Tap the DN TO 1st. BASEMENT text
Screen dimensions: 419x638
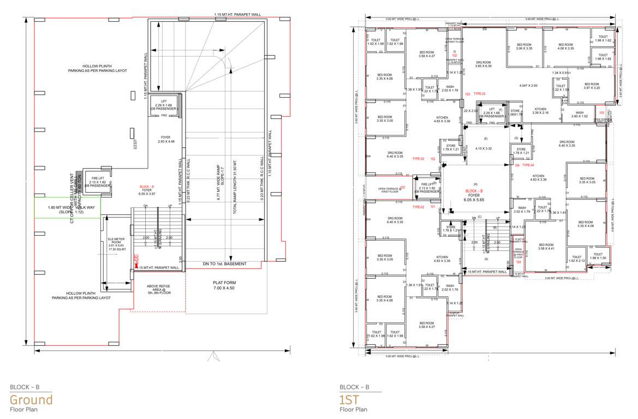pos(224,264)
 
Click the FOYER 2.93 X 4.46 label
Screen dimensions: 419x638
pos(165,139)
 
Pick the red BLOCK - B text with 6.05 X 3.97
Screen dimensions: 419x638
pos(147,190)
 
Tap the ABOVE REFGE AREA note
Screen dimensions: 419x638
pos(158,289)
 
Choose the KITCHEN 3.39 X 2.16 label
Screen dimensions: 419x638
pos(540,111)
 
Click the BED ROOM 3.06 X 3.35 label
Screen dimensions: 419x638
pos(523,46)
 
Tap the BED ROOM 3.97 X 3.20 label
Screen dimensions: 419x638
pos(592,86)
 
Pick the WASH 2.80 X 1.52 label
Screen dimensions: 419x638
pos(579,115)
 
